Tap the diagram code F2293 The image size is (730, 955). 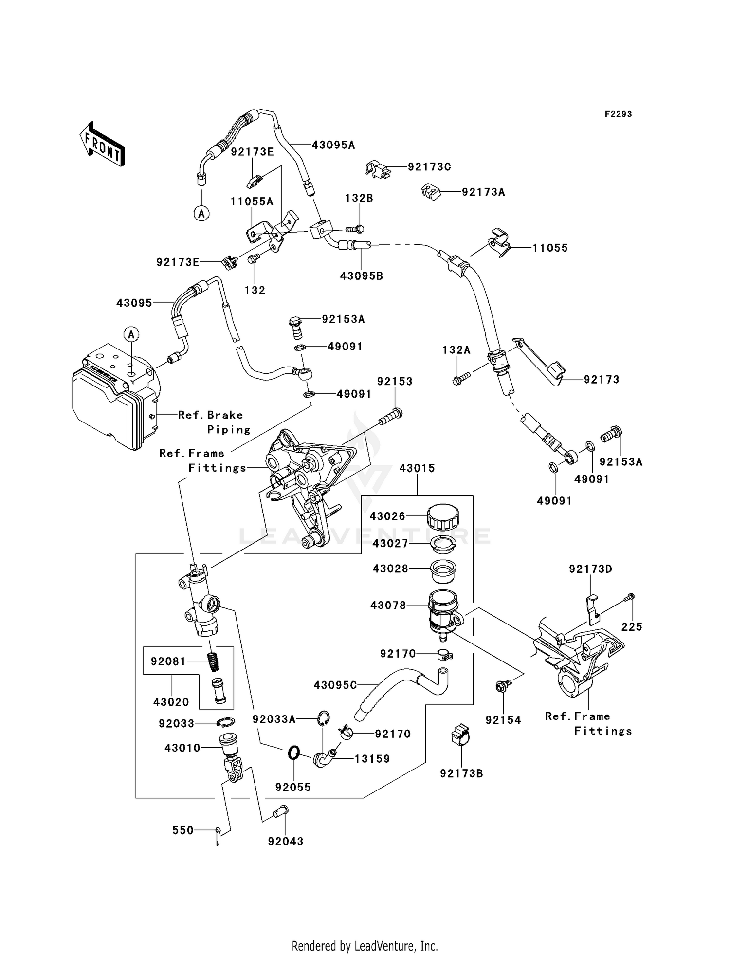coord(618,114)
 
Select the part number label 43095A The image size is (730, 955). coord(333,145)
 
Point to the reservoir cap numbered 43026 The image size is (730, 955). coord(443,517)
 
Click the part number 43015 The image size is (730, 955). coord(417,468)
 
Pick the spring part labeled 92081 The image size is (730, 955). coord(213,661)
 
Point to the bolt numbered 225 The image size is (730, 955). coord(631,596)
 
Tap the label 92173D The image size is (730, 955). coord(590,569)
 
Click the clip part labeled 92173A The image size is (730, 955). coord(430,192)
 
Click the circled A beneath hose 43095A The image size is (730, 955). coord(201,213)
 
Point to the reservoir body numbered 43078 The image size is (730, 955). coord(443,610)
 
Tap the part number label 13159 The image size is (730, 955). coord(372,759)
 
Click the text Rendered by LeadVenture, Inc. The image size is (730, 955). coord(365,946)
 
